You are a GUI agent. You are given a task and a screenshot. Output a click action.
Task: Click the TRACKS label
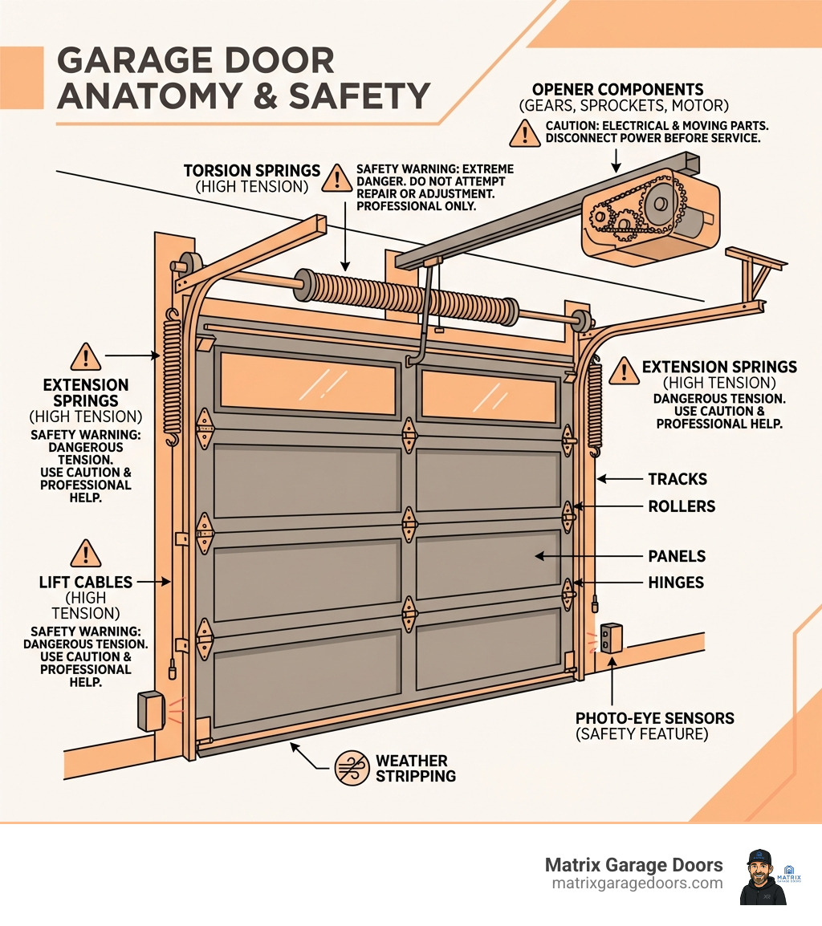click(x=678, y=479)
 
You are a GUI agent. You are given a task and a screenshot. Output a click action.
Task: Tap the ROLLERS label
click(x=682, y=506)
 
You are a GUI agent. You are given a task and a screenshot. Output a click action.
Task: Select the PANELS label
click(x=677, y=556)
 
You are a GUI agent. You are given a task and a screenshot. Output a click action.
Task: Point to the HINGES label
click(x=676, y=583)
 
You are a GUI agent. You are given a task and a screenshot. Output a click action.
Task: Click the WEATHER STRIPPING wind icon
click(x=352, y=769)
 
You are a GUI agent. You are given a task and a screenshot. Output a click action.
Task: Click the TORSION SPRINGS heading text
click(x=251, y=171)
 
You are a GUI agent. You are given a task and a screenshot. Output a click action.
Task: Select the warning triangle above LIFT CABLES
click(x=85, y=553)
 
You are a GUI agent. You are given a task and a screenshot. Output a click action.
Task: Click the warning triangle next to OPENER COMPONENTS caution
click(x=524, y=132)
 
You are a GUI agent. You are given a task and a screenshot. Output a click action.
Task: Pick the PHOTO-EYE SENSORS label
click(x=654, y=718)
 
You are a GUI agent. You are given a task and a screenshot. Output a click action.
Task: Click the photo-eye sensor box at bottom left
click(x=151, y=709)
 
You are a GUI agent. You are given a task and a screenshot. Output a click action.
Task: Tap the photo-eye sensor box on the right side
click(x=612, y=639)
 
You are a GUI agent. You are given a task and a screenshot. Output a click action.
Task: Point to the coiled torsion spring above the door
click(x=409, y=298)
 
